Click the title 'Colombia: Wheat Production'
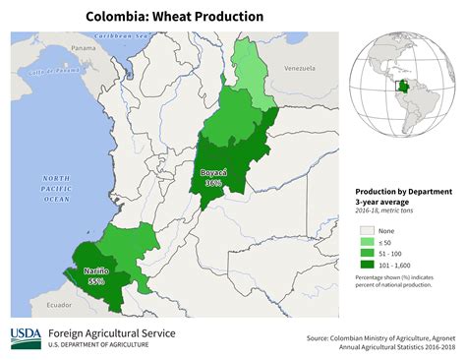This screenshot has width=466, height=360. (x=174, y=17)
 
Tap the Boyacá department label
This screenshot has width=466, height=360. (x=213, y=172)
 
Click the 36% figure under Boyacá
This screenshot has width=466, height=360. (x=213, y=183)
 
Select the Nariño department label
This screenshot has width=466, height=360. (x=95, y=270)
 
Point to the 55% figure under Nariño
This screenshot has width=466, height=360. (x=96, y=280)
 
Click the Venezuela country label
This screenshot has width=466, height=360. (x=299, y=69)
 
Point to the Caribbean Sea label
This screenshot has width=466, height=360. (x=127, y=36)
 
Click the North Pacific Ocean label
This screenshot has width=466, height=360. (x=55, y=187)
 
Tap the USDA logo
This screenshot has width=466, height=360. (x=26, y=338)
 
